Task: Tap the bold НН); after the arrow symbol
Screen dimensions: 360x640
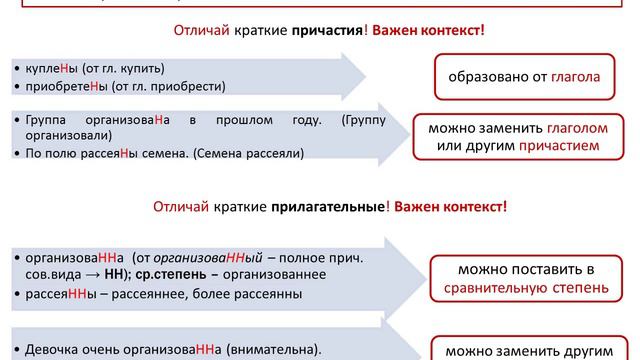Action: pyautogui.click(x=119, y=273)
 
